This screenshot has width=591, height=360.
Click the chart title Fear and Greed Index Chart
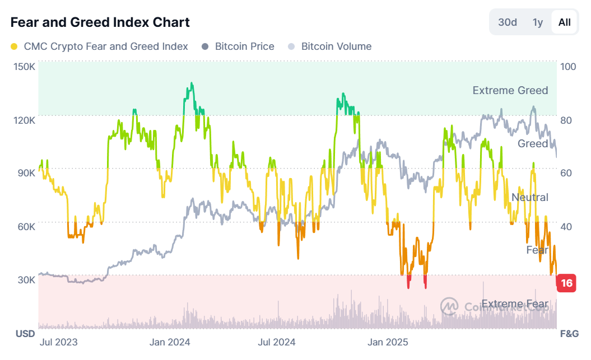pyautogui.click(x=100, y=22)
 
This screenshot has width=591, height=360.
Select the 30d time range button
pyautogui.click(x=508, y=22)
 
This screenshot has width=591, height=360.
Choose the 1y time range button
pyautogui.click(x=538, y=22)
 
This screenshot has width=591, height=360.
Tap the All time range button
pyautogui.click(x=565, y=22)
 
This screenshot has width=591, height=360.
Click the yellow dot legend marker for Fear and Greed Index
pyautogui.click(x=15, y=46)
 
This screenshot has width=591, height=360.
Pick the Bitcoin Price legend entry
pyautogui.click(x=244, y=46)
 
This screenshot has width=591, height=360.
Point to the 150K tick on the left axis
pyautogui.click(x=25, y=67)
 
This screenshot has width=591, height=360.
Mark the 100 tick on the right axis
pyautogui.click(x=568, y=67)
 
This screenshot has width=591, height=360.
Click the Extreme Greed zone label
pyautogui.click(x=510, y=90)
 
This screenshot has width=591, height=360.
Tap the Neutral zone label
pyautogui.click(x=529, y=197)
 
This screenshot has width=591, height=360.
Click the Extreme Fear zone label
pyautogui.click(x=514, y=304)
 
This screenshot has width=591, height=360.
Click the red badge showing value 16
pyautogui.click(x=566, y=283)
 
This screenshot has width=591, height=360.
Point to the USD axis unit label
pyautogui.click(x=25, y=334)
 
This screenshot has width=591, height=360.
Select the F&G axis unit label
pyautogui.click(x=569, y=334)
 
